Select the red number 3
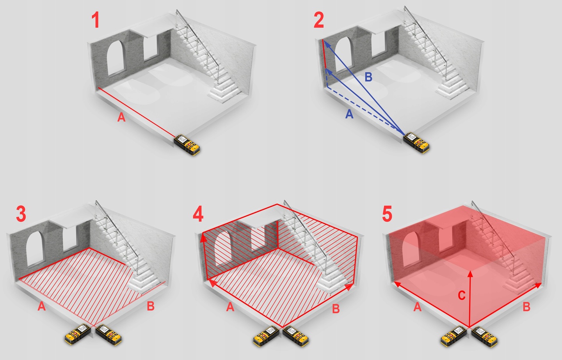click(21, 214)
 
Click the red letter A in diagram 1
click(121, 117)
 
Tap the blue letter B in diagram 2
click(368, 77)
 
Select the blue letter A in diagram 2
click(349, 114)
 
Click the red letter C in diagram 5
click(462, 296)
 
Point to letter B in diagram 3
click(151, 306)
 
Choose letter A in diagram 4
click(230, 307)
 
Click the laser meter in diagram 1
click(187, 145)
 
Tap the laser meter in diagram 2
click(416, 143)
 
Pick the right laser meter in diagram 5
click(485, 337)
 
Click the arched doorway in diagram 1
click(116, 57)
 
